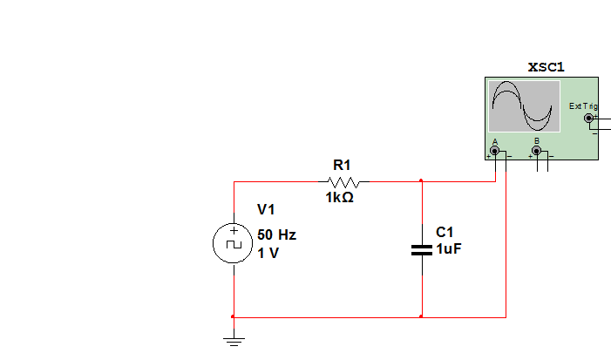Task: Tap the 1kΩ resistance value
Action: [x=339, y=198]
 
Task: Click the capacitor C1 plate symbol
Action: [x=421, y=250]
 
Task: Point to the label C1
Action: [x=445, y=232]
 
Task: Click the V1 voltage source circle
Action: [x=234, y=243]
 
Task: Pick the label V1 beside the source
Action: [x=266, y=210]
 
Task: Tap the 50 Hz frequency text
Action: [x=276, y=235]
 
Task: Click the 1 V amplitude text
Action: [x=268, y=254]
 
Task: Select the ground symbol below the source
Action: [x=233, y=340]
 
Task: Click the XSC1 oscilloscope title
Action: [x=546, y=66]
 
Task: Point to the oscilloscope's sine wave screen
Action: [x=524, y=106]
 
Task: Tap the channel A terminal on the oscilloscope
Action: [x=495, y=152]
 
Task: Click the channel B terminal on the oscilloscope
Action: [x=536, y=152]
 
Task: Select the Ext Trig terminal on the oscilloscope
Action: [x=588, y=118]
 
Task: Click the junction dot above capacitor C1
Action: [x=421, y=181]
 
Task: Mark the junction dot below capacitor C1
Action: [x=421, y=316]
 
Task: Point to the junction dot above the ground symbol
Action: [x=233, y=316]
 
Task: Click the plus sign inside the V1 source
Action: [x=234, y=232]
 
